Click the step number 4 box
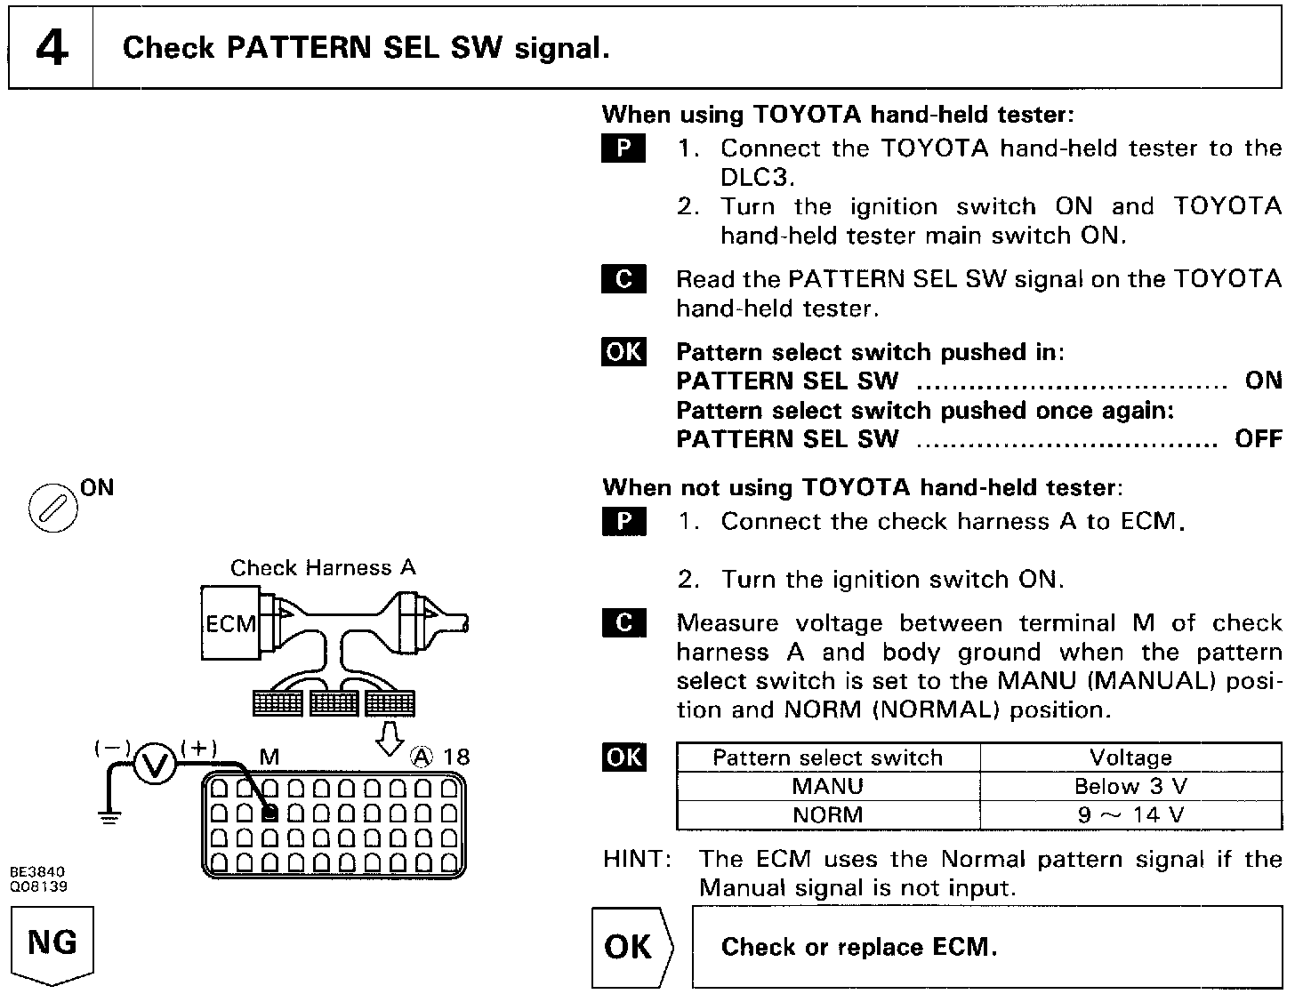coord(52,48)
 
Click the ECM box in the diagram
coord(229,623)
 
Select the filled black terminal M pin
coord(271,812)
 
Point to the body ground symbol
coord(109,817)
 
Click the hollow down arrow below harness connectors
coord(390,737)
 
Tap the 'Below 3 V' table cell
coord(1130,786)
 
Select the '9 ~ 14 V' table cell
coord(1130,814)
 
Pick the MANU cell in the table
coord(827,786)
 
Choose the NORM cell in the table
coord(827,814)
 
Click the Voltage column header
coord(1130,758)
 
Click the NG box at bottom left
coord(52,942)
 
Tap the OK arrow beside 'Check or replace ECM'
coord(630,947)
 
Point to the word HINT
coord(636,859)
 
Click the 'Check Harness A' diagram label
coord(323,567)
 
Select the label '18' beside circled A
coord(455,757)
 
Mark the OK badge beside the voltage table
coord(623,757)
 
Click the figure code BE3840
coord(38,872)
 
